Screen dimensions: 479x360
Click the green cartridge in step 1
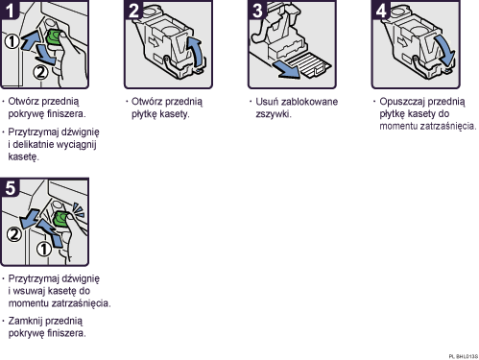(56, 39)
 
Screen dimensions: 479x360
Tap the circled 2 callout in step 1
(39, 71)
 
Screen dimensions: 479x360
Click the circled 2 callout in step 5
(13, 231)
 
